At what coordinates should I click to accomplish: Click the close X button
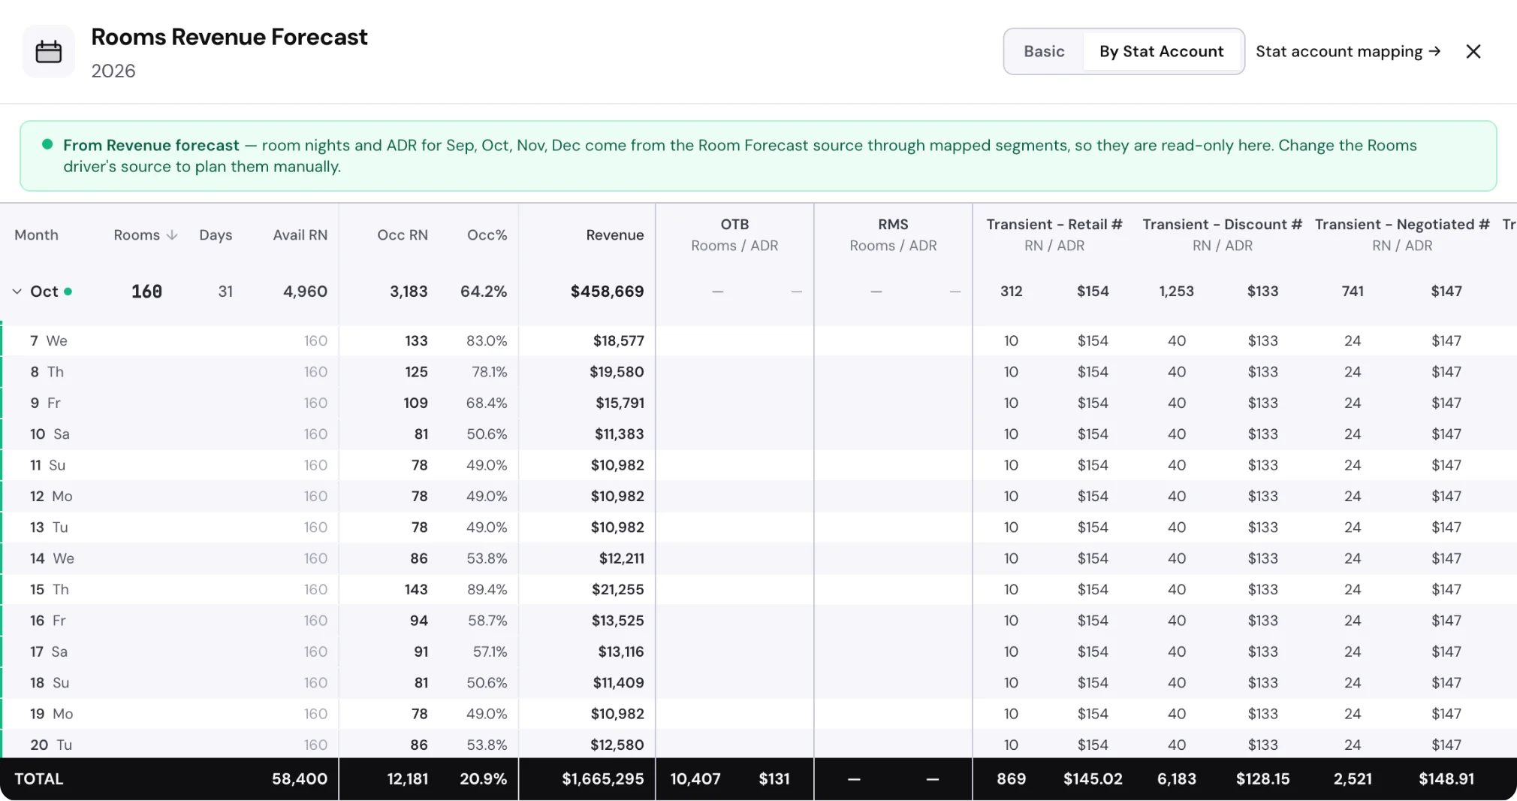(x=1473, y=51)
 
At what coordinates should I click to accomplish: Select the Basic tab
(x=1044, y=51)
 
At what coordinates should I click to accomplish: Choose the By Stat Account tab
(x=1161, y=51)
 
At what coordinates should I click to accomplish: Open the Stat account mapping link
(x=1348, y=51)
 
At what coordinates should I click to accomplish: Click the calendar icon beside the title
(x=49, y=52)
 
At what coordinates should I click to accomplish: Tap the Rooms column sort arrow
(x=172, y=235)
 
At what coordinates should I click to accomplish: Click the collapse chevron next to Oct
(x=17, y=292)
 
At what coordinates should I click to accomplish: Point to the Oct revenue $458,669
(x=607, y=292)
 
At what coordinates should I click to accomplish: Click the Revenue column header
(x=614, y=235)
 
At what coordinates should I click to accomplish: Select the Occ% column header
(x=487, y=235)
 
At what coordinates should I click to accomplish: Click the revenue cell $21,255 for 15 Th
(x=617, y=590)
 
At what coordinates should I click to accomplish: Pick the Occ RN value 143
(x=416, y=590)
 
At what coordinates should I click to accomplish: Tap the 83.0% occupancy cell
(x=487, y=341)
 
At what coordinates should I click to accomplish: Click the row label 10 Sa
(x=50, y=434)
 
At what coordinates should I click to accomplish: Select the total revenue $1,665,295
(x=602, y=779)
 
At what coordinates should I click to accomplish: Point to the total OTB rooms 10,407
(x=695, y=779)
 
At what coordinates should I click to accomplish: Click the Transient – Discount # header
(x=1222, y=225)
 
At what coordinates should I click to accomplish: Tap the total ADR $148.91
(x=1446, y=779)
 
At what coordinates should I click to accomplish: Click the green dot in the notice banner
(x=47, y=144)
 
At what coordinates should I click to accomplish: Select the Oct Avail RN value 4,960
(x=305, y=292)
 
